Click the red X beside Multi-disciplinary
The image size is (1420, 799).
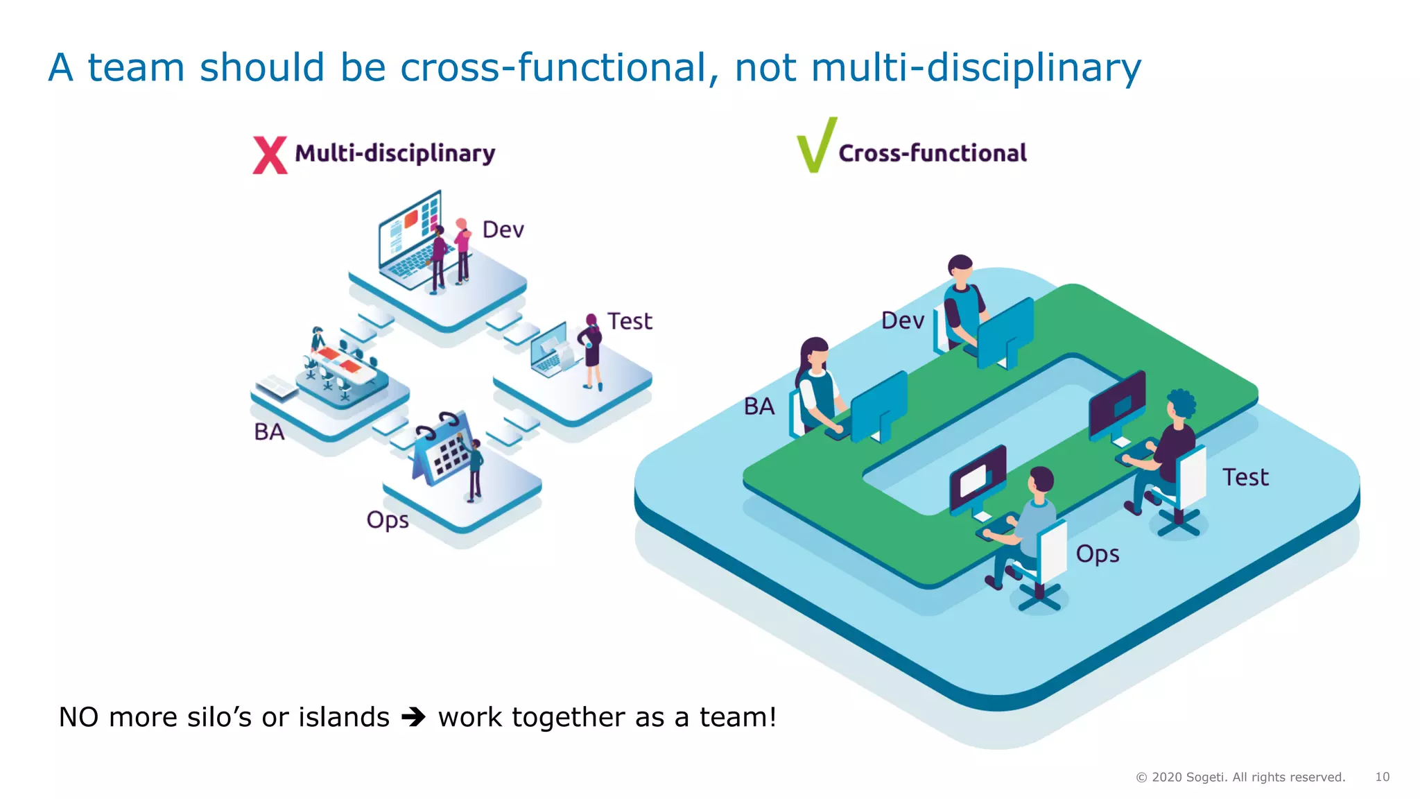(x=270, y=155)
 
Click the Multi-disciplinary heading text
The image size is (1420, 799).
(x=395, y=153)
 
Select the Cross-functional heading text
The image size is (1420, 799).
(x=933, y=153)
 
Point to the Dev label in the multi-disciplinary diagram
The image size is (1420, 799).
(x=503, y=230)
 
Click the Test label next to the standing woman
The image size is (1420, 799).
(x=630, y=321)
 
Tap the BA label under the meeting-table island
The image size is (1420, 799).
(x=269, y=432)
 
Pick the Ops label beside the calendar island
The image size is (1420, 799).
(x=388, y=520)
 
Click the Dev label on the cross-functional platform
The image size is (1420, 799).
(x=903, y=320)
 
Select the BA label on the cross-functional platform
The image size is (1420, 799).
(x=759, y=406)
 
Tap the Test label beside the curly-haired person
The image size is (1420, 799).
(x=1245, y=477)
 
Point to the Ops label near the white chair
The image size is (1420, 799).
(x=1098, y=554)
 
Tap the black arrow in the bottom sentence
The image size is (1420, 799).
(x=414, y=716)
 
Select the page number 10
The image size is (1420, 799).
(x=1382, y=777)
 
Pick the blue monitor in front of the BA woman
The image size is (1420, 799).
(x=879, y=406)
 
